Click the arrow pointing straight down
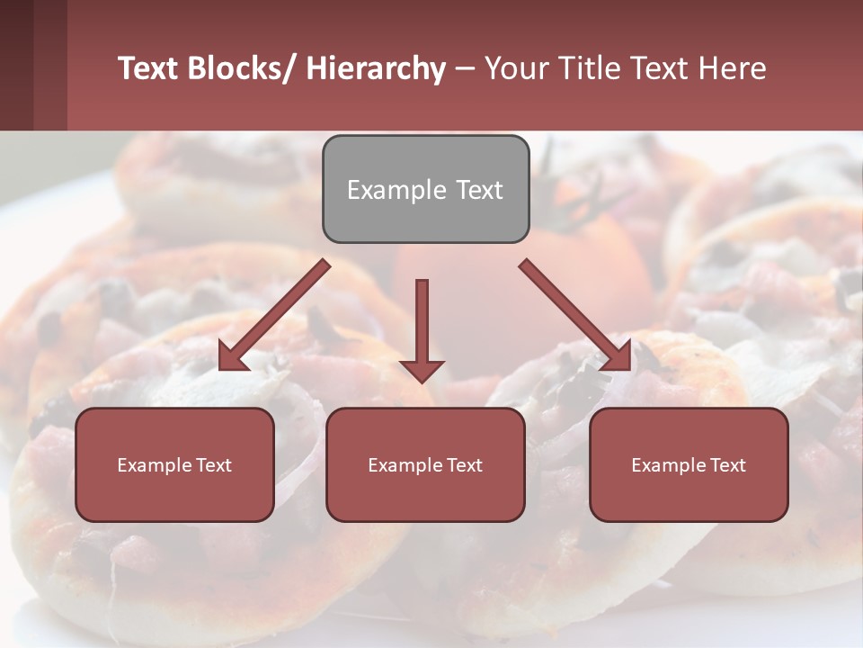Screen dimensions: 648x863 point(422,333)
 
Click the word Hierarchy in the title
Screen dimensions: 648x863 point(376,69)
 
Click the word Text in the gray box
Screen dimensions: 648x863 point(479,190)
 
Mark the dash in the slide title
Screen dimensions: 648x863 point(465,69)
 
